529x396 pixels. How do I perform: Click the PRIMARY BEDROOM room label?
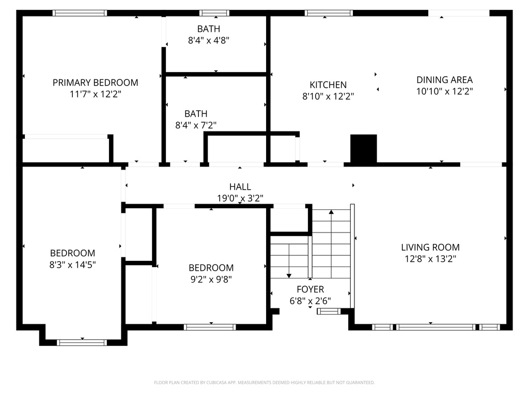[x=96, y=82]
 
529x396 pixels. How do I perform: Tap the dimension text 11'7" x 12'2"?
[x=96, y=94]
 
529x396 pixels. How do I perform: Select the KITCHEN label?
[x=328, y=85]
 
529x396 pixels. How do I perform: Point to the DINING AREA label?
[x=444, y=80]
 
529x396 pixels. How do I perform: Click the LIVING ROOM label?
[x=432, y=247]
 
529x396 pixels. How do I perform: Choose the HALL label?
[x=240, y=187]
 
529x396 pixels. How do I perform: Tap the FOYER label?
[x=310, y=290]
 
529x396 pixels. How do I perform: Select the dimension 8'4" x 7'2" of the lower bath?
[x=196, y=125]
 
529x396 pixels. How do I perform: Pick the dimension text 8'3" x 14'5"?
[x=72, y=265]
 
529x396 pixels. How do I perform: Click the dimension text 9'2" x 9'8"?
[x=211, y=279]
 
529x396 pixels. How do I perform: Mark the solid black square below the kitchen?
[x=364, y=148]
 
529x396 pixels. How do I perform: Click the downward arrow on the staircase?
[x=289, y=275]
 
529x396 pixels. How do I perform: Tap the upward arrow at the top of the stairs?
[x=332, y=211]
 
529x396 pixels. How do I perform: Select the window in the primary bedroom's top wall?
[x=80, y=13]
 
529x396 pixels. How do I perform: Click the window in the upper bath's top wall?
[x=214, y=13]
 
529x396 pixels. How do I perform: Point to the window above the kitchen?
[x=329, y=13]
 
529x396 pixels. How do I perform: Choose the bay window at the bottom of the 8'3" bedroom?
[x=82, y=342]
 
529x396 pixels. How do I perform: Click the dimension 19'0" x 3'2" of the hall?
[x=240, y=198]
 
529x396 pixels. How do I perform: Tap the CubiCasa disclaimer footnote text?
[x=264, y=383]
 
